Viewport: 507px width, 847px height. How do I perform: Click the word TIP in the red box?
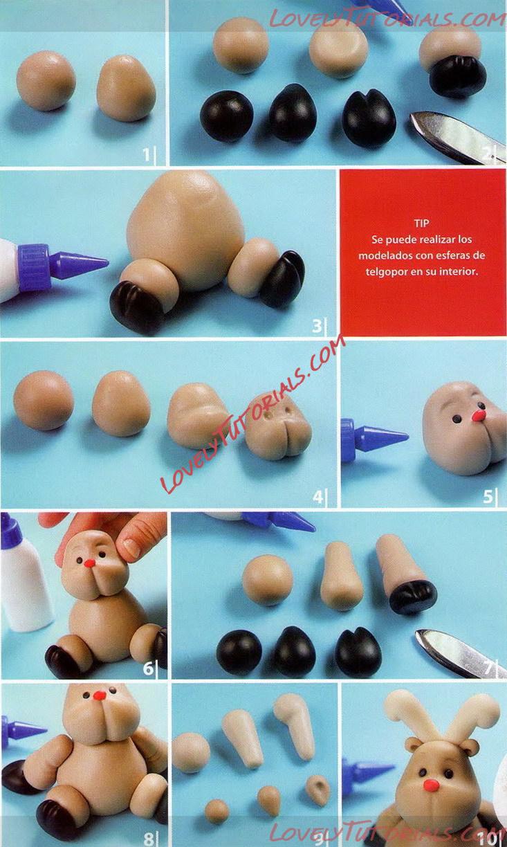click(421, 223)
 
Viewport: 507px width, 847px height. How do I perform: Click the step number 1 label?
click(146, 154)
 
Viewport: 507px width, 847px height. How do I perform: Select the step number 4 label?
click(317, 497)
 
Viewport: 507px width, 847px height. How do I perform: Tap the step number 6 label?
click(148, 669)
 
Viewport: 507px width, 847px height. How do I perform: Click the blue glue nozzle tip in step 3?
click(108, 260)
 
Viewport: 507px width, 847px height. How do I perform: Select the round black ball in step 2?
click(226, 116)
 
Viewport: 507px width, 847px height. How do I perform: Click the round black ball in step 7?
click(239, 653)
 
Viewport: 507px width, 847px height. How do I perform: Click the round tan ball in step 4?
click(43, 401)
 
